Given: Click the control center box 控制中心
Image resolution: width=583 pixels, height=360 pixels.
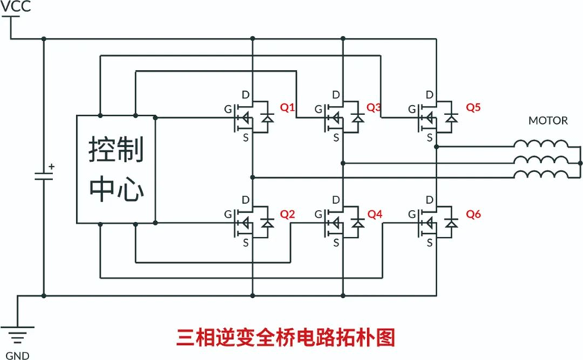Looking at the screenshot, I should click(x=116, y=169).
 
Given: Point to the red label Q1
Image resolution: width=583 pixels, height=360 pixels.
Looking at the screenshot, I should click(x=288, y=108).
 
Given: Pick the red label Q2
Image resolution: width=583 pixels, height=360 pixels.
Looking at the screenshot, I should click(x=288, y=214).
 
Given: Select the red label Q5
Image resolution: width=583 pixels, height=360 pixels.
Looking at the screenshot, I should click(x=473, y=108).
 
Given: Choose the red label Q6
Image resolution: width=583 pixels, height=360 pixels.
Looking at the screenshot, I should click(x=473, y=214).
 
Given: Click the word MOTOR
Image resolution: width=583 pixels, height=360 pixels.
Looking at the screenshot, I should click(x=548, y=120).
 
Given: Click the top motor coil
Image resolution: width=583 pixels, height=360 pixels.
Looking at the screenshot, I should click(x=540, y=144).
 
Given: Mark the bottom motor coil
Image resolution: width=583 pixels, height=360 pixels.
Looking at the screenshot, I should click(x=540, y=175).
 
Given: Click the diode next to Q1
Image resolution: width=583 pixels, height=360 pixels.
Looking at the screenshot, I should click(x=265, y=117).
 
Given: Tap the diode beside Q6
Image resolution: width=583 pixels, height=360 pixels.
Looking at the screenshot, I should click(x=451, y=223).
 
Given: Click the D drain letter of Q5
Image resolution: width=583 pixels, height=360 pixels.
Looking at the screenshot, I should click(x=429, y=94).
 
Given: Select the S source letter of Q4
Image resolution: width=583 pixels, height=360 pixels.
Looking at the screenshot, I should click(x=336, y=242).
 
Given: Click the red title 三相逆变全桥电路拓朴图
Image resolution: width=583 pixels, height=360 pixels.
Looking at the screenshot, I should click(x=285, y=337).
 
